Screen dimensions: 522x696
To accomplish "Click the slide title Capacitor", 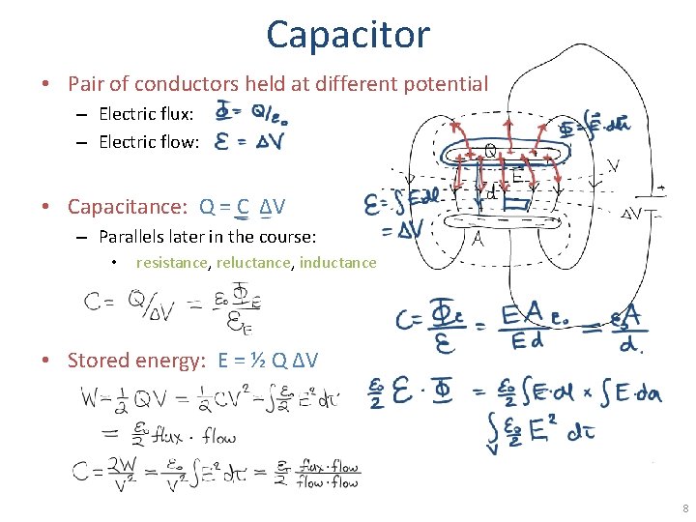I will pyautogui.click(x=347, y=35).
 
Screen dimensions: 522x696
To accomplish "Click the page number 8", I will pyautogui.click(x=684, y=508).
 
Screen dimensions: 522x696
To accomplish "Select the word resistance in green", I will pyautogui.click(x=172, y=262).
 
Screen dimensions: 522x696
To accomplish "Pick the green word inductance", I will pyautogui.click(x=337, y=262).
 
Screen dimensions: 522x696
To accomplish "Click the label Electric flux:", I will pyautogui.click(x=146, y=115).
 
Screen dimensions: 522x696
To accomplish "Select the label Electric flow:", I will pyautogui.click(x=149, y=142).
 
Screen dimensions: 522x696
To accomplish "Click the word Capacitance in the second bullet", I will pyautogui.click(x=128, y=206).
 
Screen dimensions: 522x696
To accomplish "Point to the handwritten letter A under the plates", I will pyautogui.click(x=476, y=239).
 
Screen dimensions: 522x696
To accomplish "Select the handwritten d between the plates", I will pyautogui.click(x=491, y=193).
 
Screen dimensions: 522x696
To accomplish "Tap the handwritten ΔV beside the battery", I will pyautogui.click(x=634, y=213).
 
